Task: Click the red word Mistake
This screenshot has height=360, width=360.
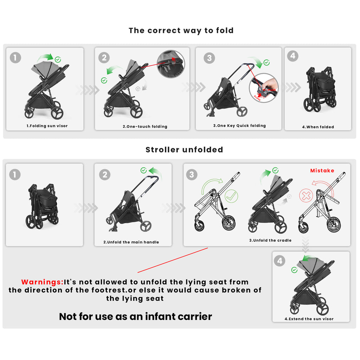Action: (322, 171)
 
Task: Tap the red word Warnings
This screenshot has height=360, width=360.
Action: (42, 282)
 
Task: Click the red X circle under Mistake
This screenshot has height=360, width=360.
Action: (306, 195)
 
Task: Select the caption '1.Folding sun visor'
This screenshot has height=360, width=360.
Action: (47, 126)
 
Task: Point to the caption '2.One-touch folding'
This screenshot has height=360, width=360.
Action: (145, 127)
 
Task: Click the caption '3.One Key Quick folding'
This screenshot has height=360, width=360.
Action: (239, 126)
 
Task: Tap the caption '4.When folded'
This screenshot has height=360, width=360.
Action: (318, 127)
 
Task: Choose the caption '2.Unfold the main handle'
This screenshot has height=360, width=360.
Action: (131, 242)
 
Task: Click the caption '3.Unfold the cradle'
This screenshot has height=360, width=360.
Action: (270, 240)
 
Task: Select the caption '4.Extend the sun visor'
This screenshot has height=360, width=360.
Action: (309, 319)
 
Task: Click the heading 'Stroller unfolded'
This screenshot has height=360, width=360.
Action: (184, 150)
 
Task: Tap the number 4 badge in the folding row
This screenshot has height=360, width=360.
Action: (293, 56)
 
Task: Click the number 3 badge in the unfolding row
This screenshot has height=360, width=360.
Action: (192, 174)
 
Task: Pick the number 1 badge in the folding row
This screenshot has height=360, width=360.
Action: (15, 57)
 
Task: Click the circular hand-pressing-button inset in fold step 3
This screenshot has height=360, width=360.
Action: (264, 88)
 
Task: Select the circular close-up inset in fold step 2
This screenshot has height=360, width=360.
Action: (171, 64)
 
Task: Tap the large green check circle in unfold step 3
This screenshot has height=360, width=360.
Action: (231, 196)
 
